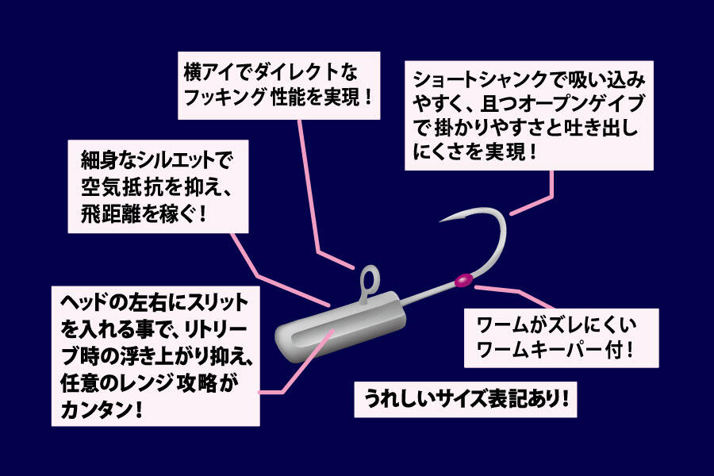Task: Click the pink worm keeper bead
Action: tap(463, 281)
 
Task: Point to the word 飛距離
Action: tap(111, 213)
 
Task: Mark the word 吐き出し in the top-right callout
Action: tap(601, 129)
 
